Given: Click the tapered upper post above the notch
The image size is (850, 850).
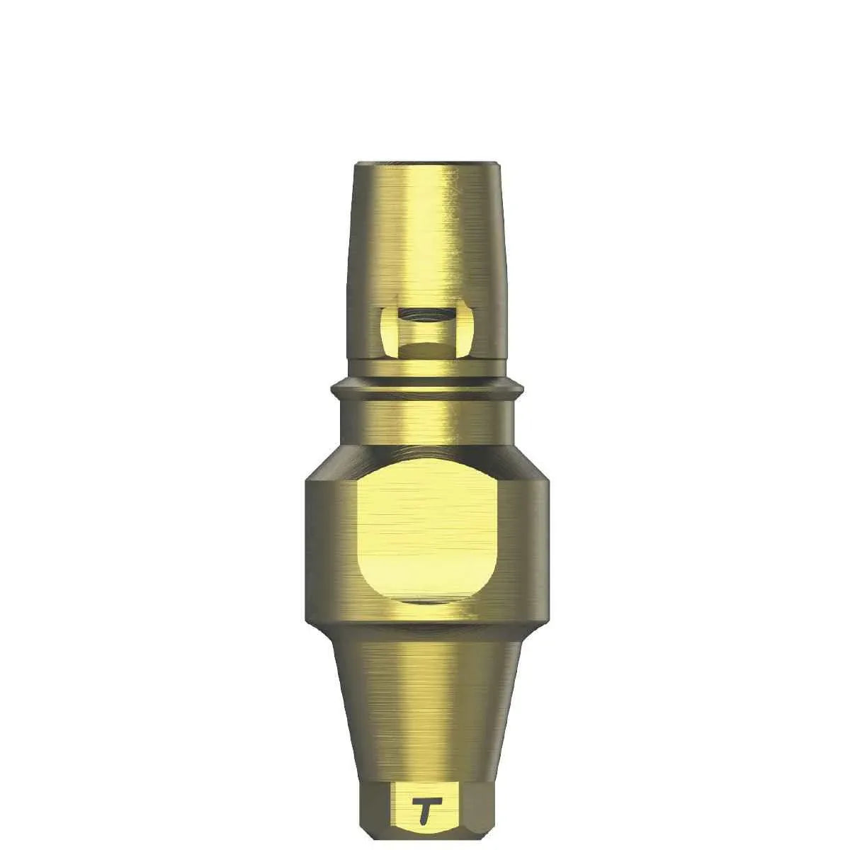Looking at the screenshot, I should (425, 234).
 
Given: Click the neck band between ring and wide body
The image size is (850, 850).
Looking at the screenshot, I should (425, 425).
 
